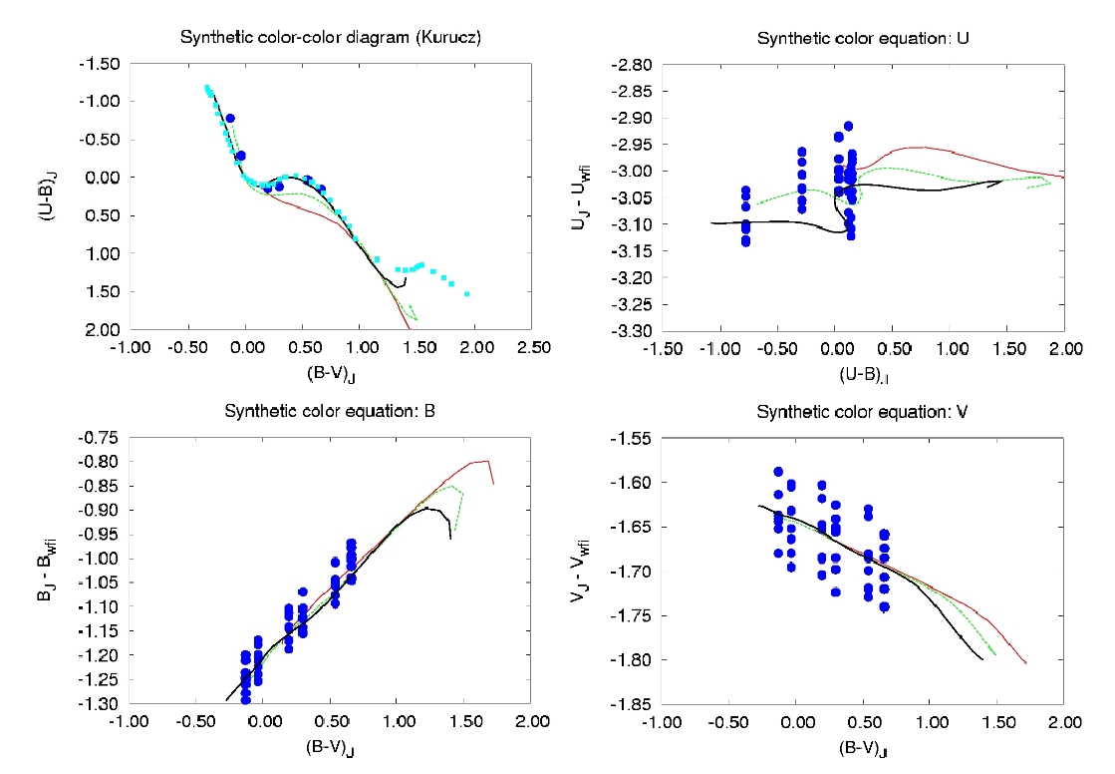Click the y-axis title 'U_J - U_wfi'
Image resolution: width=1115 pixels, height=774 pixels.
(579, 196)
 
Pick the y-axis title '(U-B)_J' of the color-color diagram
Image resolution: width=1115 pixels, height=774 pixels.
(46, 196)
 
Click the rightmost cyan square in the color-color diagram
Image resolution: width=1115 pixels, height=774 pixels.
(466, 294)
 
